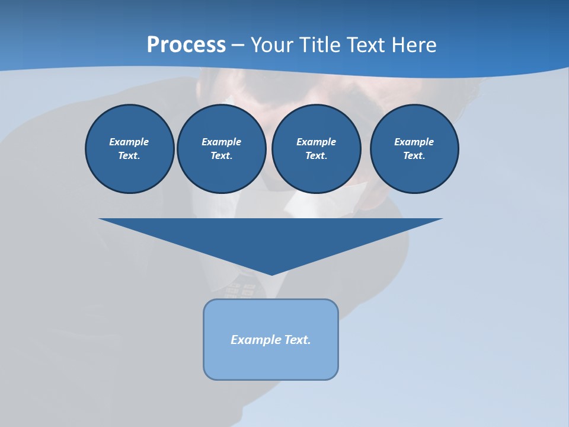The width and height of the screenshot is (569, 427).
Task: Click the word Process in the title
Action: click(186, 45)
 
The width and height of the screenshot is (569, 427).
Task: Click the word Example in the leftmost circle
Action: click(129, 142)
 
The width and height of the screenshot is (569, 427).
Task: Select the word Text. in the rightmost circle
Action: click(414, 156)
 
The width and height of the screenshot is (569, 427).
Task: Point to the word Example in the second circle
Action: click(221, 142)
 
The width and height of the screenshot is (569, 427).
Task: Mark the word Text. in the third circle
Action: click(316, 156)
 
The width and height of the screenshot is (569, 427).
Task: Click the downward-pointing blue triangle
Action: click(271, 237)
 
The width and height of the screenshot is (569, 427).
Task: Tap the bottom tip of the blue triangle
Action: click(271, 273)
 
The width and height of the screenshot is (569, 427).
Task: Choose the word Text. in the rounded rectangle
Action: click(298, 340)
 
